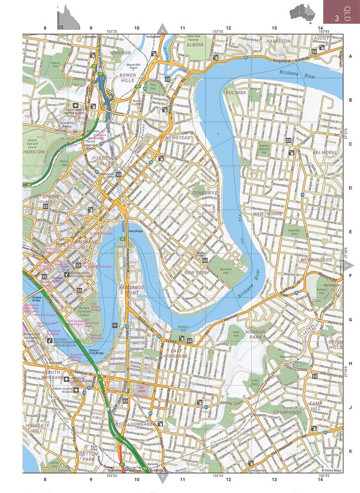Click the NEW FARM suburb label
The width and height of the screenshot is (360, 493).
click(x=196, y=272)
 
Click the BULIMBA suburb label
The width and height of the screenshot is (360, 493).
click(x=236, y=92)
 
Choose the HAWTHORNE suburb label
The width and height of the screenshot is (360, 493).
click(x=267, y=213)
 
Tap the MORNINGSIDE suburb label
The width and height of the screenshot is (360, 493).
click(x=317, y=260)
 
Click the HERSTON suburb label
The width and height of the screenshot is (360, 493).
click(x=34, y=152)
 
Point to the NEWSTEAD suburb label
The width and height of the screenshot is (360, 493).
click(x=178, y=137)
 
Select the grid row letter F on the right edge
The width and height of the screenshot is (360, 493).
click(x=350, y=276)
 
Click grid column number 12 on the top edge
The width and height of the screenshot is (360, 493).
click(x=228, y=28)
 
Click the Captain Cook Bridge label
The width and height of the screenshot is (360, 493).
click(x=97, y=352)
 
